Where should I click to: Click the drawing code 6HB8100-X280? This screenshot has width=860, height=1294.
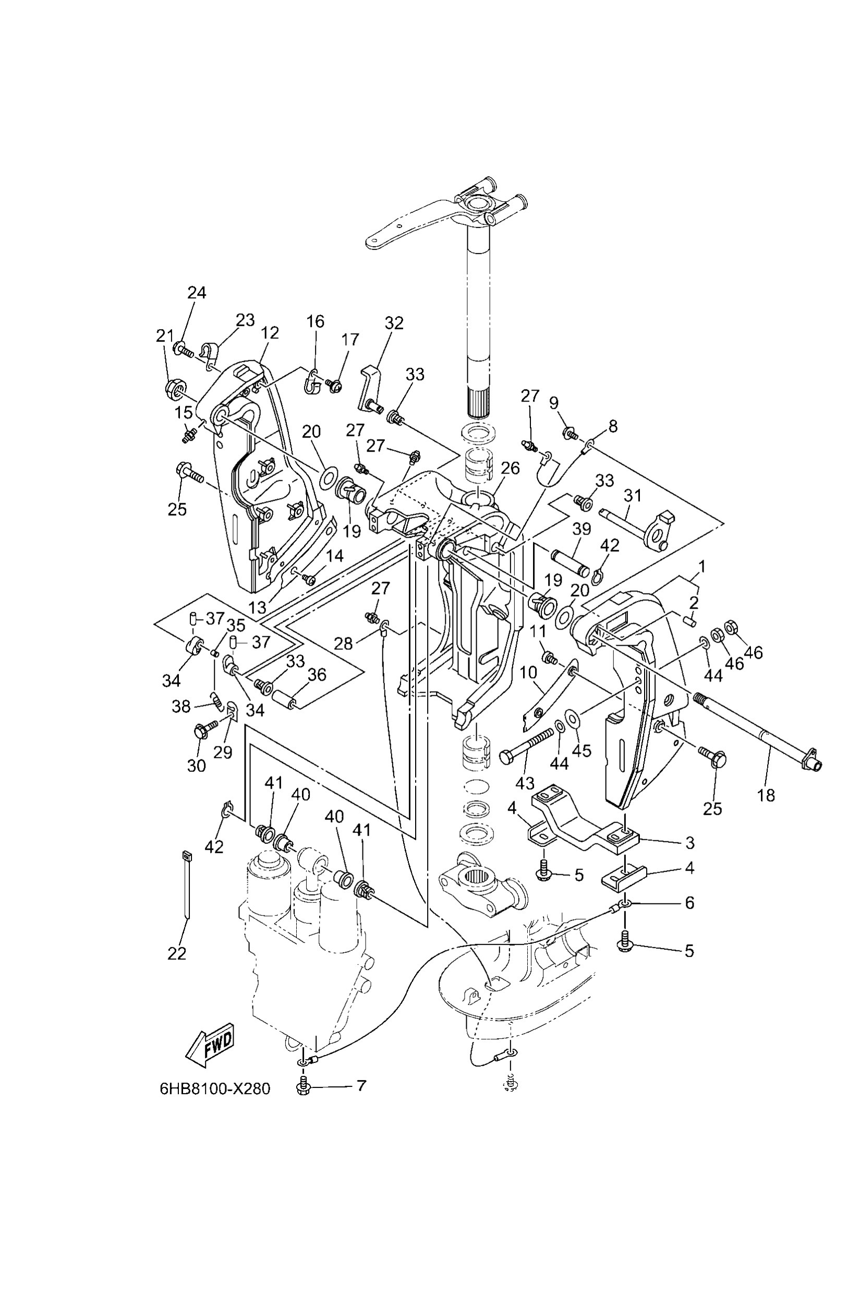pos(215,1089)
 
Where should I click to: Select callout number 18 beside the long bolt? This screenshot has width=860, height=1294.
pos(766,795)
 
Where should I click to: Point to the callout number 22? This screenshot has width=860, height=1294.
pos(177,953)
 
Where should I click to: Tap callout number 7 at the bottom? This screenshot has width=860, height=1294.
pos(361,1085)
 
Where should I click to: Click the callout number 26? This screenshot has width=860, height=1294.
pos(510,468)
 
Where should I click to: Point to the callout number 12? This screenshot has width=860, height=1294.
pos(270,332)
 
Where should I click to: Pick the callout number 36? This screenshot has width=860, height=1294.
pos(317,675)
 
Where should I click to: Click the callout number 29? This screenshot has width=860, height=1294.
pos(223,752)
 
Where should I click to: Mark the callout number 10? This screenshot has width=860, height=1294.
pos(528,672)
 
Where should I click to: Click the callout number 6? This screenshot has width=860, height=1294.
pos(689,902)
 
